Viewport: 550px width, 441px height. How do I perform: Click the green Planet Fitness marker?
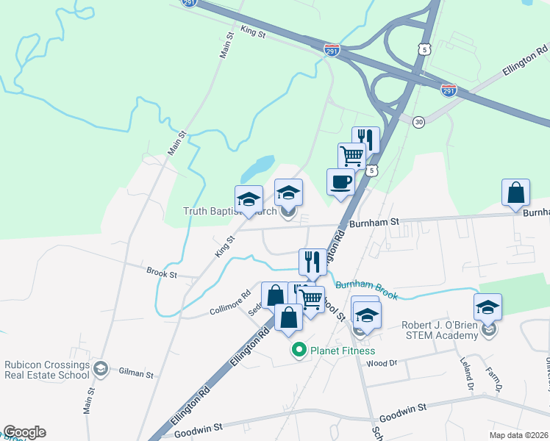click(299, 351)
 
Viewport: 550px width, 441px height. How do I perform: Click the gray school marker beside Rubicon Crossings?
click(101, 367)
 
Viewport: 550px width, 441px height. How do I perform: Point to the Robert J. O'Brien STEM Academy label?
click(438, 331)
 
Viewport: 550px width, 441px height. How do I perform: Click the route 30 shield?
click(418, 121)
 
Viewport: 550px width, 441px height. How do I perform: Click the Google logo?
click(24, 432)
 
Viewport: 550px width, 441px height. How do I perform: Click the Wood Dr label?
click(381, 363)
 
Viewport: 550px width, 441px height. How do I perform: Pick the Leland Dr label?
click(468, 376)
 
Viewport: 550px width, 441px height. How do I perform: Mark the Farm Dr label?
click(499, 378)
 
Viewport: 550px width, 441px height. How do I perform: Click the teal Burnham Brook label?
click(367, 290)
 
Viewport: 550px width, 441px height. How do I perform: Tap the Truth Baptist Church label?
click(229, 212)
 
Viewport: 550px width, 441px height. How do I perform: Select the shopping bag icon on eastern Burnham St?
click(516, 193)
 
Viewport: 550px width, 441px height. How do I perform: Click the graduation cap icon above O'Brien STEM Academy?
click(488, 306)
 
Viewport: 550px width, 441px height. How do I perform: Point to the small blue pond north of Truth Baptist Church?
click(257, 168)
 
